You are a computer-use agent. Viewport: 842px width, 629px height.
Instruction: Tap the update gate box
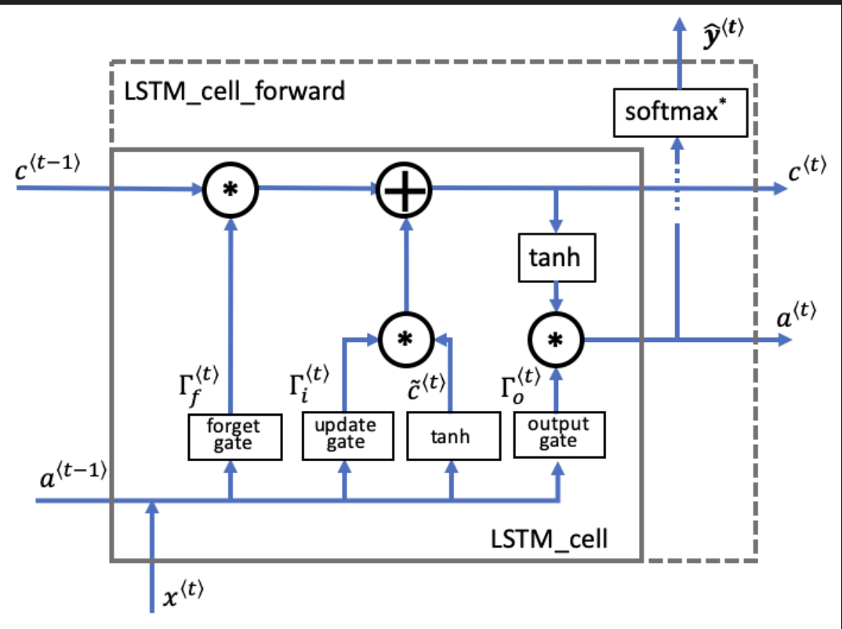pyautogui.click(x=345, y=434)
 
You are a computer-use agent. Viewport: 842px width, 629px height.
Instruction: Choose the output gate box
pyautogui.click(x=559, y=433)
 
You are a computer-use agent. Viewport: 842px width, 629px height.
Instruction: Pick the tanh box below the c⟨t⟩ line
pyautogui.click(x=557, y=257)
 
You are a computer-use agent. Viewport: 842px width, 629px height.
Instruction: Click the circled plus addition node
pyautogui.click(x=404, y=189)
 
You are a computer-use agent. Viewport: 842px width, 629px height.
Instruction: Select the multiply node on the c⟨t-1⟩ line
pyautogui.click(x=231, y=189)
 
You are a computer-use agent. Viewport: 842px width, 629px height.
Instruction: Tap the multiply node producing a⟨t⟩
pyautogui.click(x=557, y=340)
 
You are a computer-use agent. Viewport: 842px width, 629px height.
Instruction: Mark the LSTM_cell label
pyautogui.click(x=549, y=540)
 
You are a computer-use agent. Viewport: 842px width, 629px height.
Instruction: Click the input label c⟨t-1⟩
pyautogui.click(x=48, y=167)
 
